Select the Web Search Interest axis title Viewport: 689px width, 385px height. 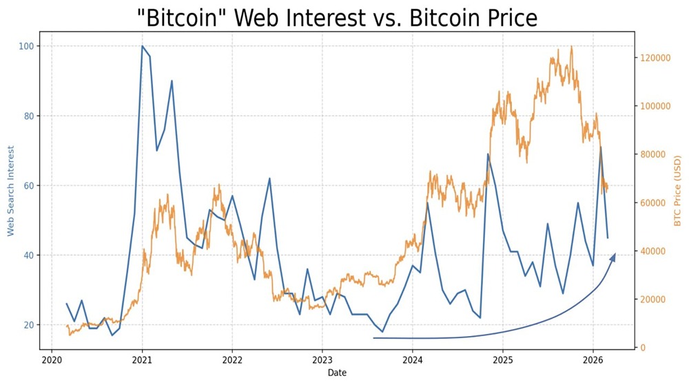11,191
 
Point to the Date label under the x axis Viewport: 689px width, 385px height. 337,373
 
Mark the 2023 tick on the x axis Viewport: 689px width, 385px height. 322,360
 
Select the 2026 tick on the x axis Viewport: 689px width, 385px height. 593,360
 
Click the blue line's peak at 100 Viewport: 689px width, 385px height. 142,46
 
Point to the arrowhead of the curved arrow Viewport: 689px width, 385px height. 613,257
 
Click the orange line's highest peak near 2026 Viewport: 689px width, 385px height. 571,47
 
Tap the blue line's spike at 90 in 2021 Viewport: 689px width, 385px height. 172,81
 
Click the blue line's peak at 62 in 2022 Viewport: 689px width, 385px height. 269,178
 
